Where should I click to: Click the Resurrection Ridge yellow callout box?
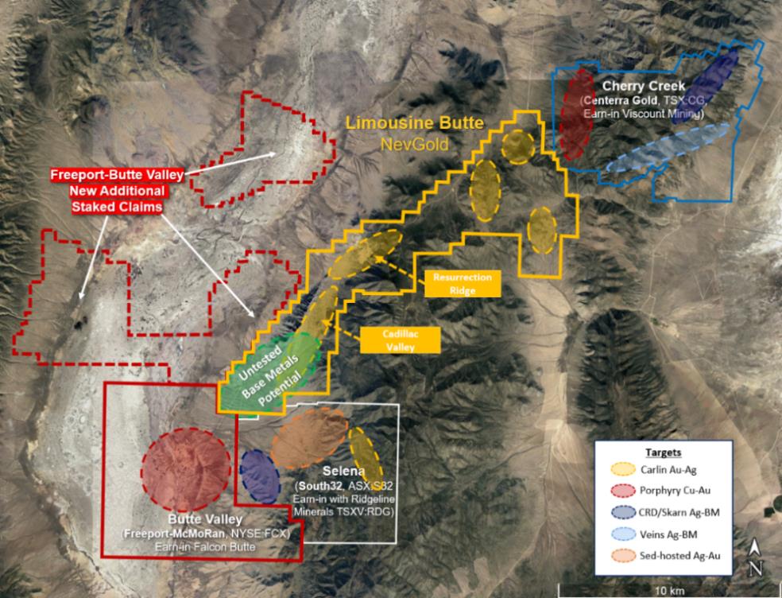point(463,283)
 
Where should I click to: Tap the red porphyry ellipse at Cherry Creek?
point(575,116)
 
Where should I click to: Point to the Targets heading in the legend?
point(664,451)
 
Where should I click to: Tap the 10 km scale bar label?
point(664,591)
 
